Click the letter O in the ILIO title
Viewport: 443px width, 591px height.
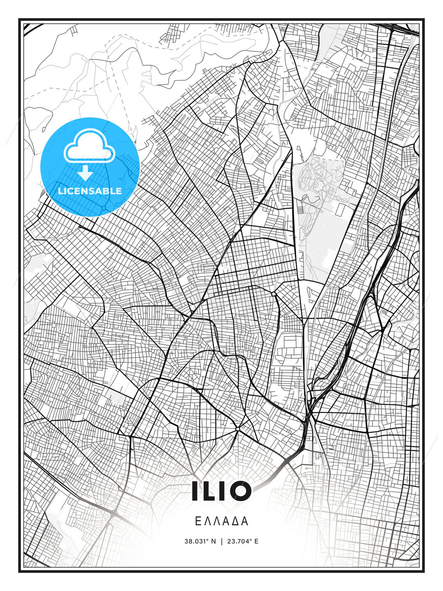coord(237,491)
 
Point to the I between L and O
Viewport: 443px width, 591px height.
coord(221,491)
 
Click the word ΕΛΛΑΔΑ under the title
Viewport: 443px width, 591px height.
coord(221,521)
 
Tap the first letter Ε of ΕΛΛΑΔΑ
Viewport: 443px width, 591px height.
coord(198,521)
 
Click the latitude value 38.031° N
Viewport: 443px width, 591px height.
coord(200,541)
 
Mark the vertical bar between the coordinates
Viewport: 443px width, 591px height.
coord(222,541)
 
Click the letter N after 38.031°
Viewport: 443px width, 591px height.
coord(213,541)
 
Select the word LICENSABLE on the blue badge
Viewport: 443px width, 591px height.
coord(90,191)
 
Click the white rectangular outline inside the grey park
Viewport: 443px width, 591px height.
coord(340,210)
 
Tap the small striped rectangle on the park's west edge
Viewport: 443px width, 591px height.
coord(299,209)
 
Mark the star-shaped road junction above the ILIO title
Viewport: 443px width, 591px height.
coord(237,429)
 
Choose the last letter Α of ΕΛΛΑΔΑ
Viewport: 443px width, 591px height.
coord(245,521)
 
